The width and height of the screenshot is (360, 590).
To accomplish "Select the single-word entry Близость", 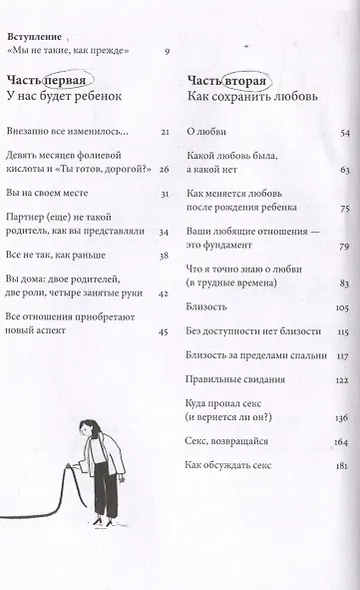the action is coord(208,307).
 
